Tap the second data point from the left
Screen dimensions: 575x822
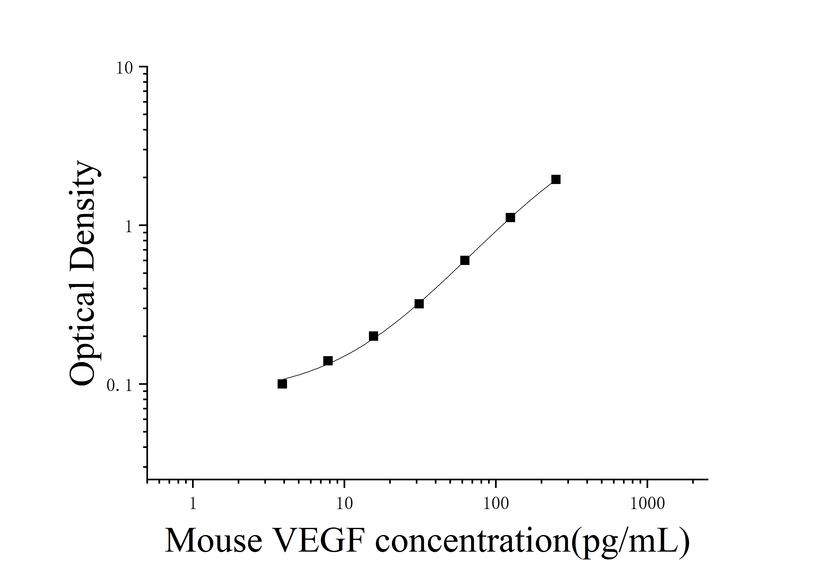328,361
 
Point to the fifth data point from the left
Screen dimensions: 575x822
465,260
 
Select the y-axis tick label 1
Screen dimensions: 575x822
129,227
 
